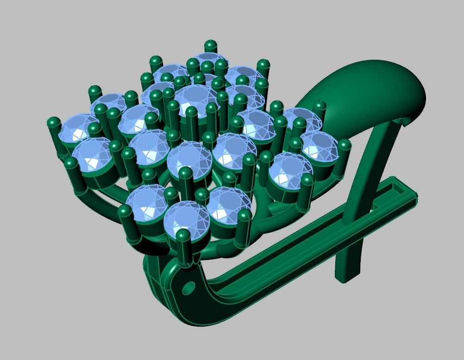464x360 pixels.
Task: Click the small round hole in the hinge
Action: click(188, 288)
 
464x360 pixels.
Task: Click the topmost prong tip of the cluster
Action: click(210, 45)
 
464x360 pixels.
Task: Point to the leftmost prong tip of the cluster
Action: click(53, 123)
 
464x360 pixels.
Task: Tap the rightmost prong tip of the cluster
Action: click(344, 145)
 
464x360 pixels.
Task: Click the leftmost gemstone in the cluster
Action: click(74, 127)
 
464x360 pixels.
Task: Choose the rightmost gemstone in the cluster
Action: click(319, 145)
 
